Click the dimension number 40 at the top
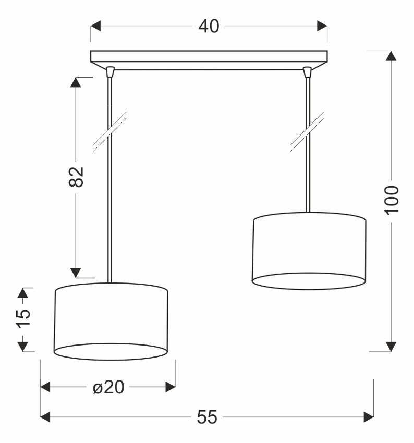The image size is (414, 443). pos(209,26)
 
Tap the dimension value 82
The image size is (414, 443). pos(76,177)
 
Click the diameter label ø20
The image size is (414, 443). pos(108,387)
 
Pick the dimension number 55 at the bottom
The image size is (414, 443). pos(207,417)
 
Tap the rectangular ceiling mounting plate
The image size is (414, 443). pos(209,57)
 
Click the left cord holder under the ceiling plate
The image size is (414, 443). pos(109,70)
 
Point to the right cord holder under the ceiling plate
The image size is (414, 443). pos(308,70)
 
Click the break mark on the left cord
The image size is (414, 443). pos(110,132)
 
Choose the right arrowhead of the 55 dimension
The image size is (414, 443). pos(369,417)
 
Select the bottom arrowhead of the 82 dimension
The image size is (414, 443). pos(76,273)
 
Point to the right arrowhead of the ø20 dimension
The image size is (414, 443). pos(170,387)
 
